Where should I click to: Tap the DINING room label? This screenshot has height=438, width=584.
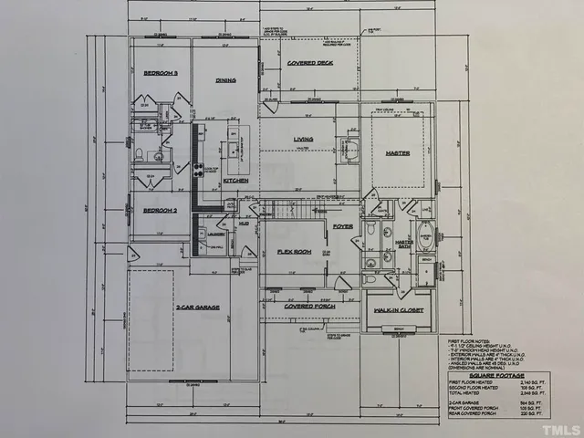[225, 80]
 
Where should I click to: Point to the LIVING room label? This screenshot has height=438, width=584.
[303, 140]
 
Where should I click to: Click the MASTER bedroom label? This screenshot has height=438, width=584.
[397, 152]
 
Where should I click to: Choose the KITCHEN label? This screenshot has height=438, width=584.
[235, 181]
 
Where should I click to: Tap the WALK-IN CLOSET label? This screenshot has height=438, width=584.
[396, 311]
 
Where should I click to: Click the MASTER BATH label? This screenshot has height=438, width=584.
[403, 241]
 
